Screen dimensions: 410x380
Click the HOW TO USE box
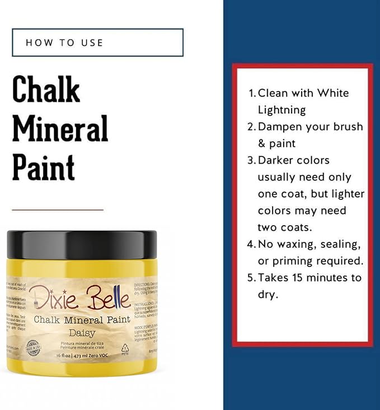coord(97,42)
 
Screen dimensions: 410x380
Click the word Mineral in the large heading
coord(60,129)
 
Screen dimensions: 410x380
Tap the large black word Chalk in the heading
coord(46,90)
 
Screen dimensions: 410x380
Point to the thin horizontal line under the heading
coord(58,210)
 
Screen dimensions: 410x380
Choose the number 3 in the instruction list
coord(251,160)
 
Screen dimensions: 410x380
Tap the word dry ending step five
coord(267,294)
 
